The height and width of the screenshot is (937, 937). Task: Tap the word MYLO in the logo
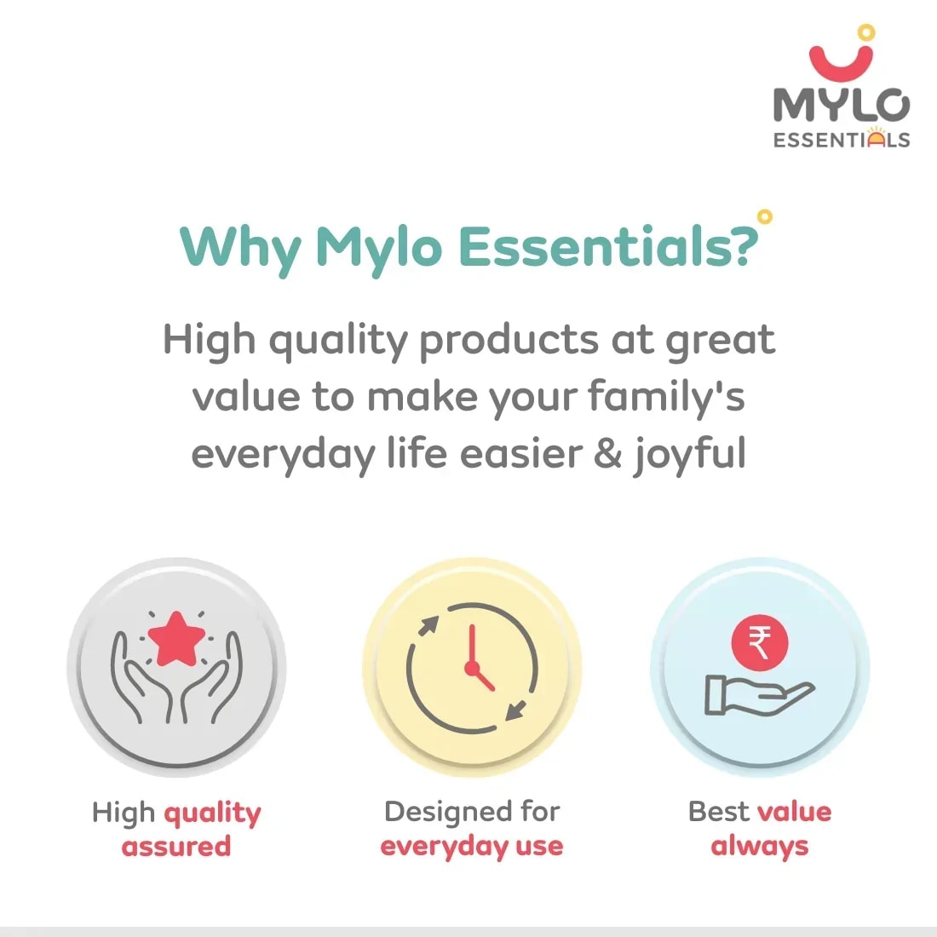pyautogui.click(x=842, y=105)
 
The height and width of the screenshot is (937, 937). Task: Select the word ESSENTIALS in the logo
pyautogui.click(x=842, y=139)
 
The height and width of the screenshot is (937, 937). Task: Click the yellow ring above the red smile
pyautogui.click(x=866, y=32)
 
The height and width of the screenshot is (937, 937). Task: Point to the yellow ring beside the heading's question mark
pyautogui.click(x=764, y=216)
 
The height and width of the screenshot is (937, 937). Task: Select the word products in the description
pyautogui.click(x=509, y=342)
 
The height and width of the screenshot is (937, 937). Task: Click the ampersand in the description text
pyautogui.click(x=607, y=452)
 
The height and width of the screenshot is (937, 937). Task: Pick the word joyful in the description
pyautogui.click(x=690, y=455)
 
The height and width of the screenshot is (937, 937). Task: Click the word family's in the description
pyautogui.click(x=666, y=398)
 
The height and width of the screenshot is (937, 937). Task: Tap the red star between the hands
pyautogui.click(x=176, y=640)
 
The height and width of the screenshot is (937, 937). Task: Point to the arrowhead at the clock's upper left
pyautogui.click(x=429, y=626)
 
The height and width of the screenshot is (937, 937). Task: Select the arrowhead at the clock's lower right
pyautogui.click(x=515, y=710)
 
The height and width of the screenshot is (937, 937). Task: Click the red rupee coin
pyautogui.click(x=760, y=642)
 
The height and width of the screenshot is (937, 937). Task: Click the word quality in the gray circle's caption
pyautogui.click(x=213, y=813)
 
